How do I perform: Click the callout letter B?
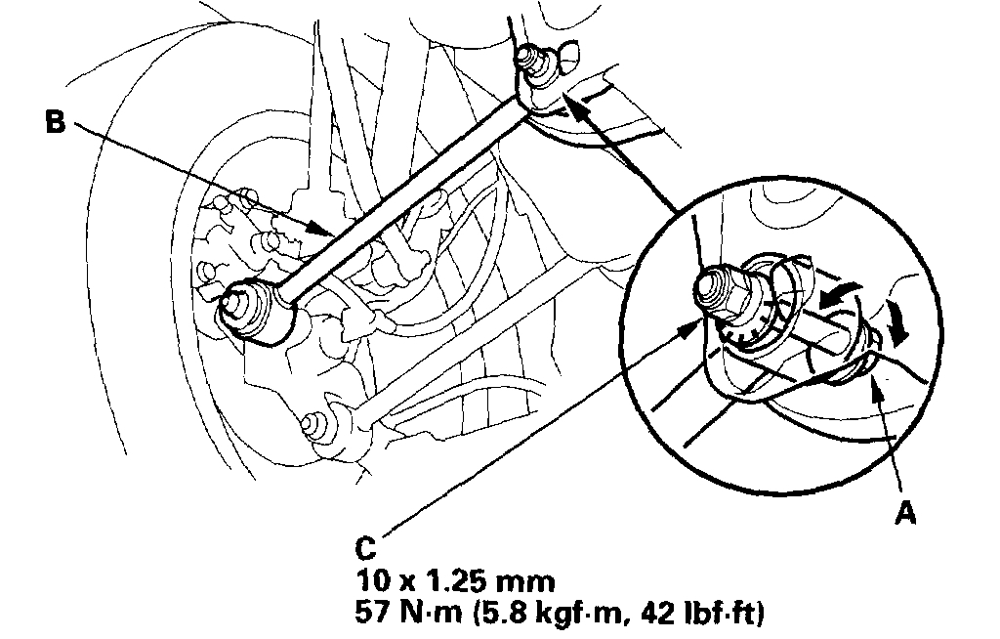pyautogui.click(x=56, y=124)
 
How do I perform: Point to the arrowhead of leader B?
pyautogui.click(x=329, y=232)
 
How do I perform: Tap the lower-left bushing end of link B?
pyautogui.click(x=246, y=311)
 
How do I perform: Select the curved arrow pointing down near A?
pyautogui.click(x=896, y=326)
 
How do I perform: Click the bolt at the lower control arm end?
pyautogui.click(x=314, y=425)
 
